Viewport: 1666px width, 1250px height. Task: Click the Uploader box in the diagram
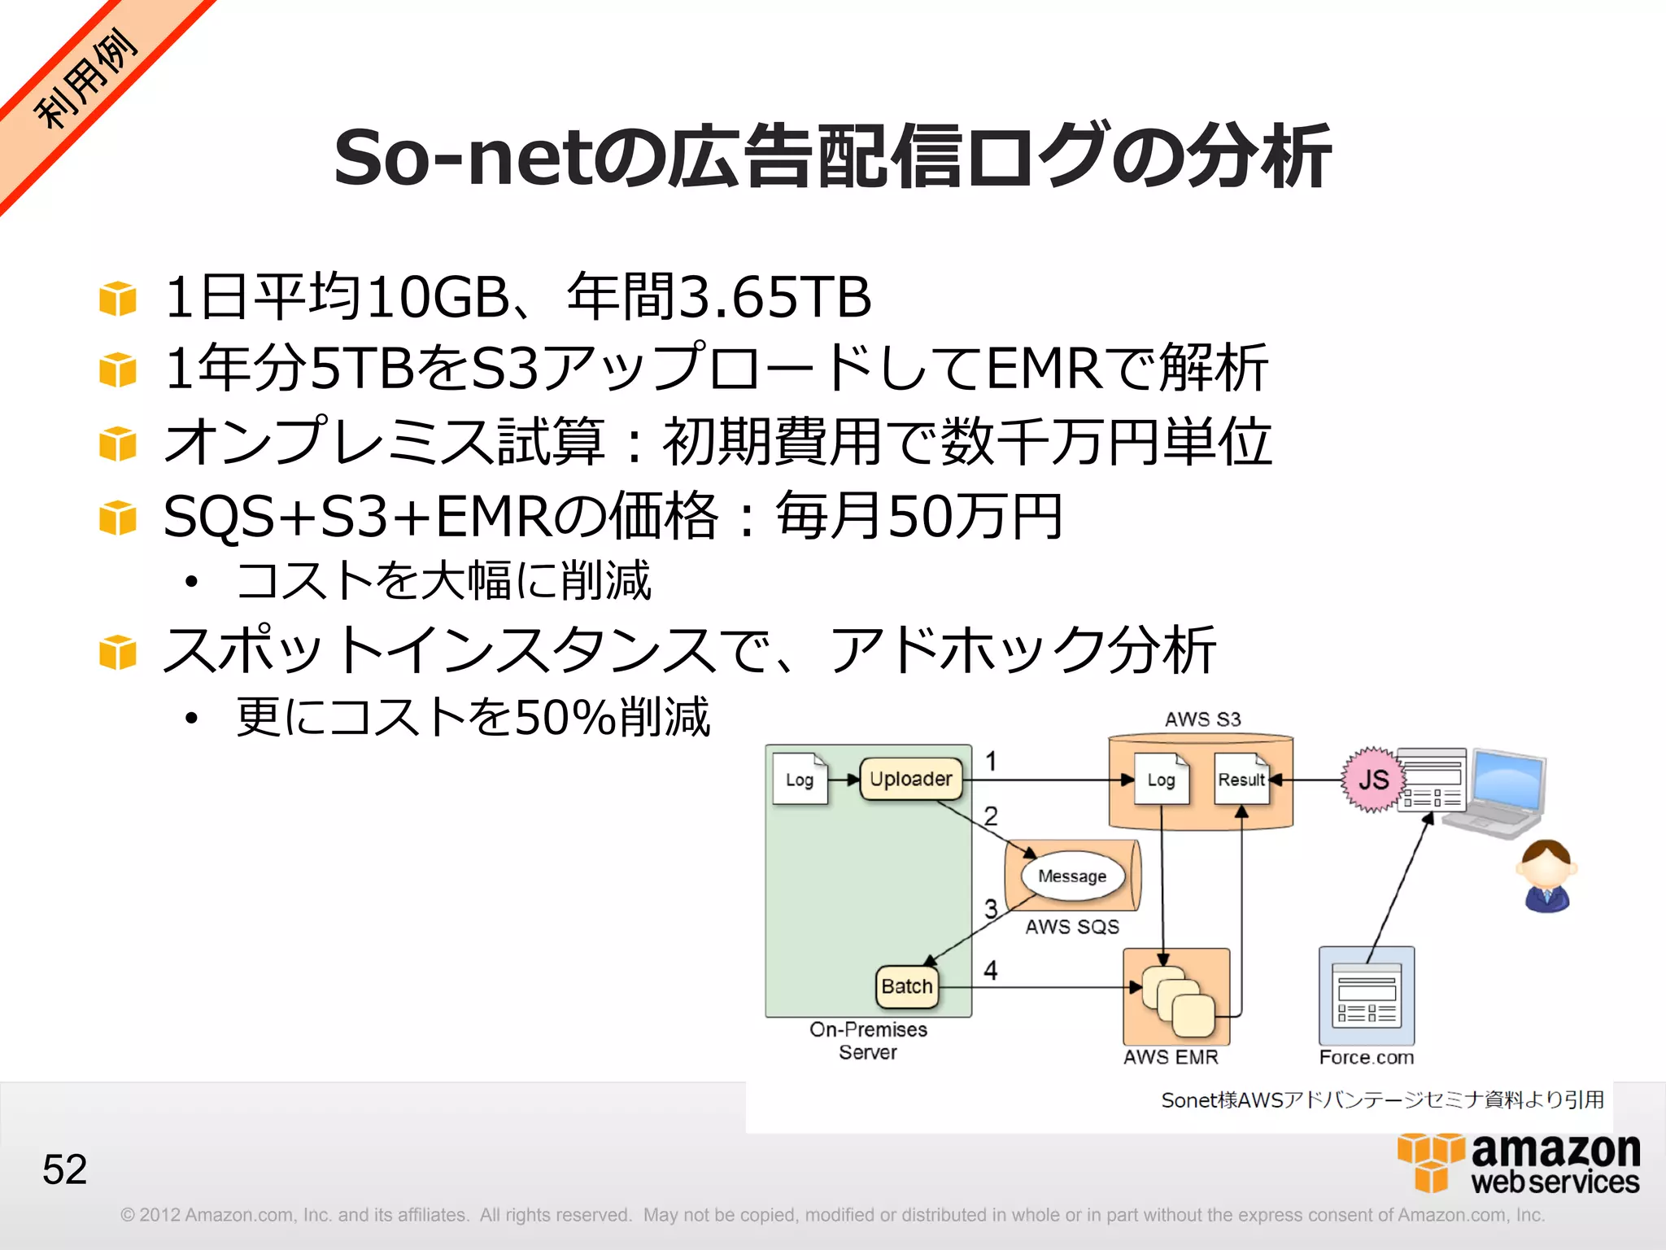[x=910, y=779]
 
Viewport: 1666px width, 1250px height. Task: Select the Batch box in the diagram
[x=906, y=986]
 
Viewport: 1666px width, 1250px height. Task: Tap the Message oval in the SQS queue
[x=1072, y=876]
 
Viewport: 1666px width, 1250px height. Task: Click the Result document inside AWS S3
[x=1241, y=780]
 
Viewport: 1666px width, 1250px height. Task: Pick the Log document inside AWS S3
[x=1161, y=780]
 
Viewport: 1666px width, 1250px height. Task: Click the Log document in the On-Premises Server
[x=800, y=780]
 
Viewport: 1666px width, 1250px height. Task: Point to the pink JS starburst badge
[x=1373, y=780]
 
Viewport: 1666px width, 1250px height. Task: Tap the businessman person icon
[x=1546, y=876]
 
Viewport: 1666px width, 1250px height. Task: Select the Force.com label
[x=1367, y=1057]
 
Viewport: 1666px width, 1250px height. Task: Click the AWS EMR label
[x=1171, y=1057]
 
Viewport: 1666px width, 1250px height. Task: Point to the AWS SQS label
[x=1071, y=927]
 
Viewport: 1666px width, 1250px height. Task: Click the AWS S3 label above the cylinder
[x=1202, y=719]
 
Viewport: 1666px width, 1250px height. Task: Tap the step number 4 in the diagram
[x=990, y=970]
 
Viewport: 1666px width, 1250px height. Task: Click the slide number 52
[x=64, y=1169]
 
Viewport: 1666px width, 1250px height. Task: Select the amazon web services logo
[x=1519, y=1164]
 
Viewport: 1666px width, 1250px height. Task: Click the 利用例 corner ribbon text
[x=85, y=79]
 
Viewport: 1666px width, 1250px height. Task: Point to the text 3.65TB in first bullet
[x=774, y=297]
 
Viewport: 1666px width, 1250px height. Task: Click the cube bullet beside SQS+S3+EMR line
[x=118, y=518]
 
